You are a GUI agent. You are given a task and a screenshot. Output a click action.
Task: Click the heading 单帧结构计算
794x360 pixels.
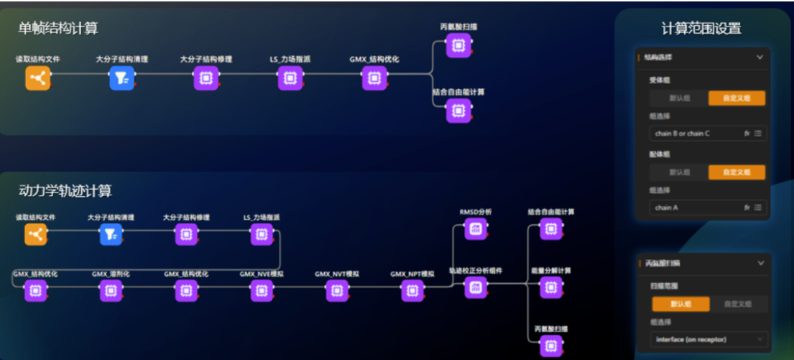(x=58, y=28)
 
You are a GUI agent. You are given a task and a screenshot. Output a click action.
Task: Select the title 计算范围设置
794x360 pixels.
(x=701, y=29)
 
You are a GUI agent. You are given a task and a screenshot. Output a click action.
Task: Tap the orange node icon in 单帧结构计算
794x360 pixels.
(x=37, y=78)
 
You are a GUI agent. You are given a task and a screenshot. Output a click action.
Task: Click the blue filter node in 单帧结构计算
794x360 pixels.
(x=121, y=78)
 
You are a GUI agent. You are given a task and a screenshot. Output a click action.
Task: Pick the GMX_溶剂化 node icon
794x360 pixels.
(x=110, y=290)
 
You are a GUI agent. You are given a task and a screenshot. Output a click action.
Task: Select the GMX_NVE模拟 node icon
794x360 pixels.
(x=261, y=290)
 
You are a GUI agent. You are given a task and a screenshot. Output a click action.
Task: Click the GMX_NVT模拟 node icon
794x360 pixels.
(x=336, y=290)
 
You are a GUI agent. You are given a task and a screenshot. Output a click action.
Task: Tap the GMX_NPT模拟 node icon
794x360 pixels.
(x=412, y=290)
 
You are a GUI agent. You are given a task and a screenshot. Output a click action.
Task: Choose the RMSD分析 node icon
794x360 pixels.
(x=475, y=229)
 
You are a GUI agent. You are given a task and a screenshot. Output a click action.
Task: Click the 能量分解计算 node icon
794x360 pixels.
(x=550, y=287)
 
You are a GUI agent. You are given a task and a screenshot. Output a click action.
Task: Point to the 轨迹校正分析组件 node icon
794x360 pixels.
(x=475, y=287)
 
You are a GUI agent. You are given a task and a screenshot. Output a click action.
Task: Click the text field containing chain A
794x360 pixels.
(x=696, y=208)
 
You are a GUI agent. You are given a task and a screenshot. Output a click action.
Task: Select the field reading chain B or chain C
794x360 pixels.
(x=696, y=134)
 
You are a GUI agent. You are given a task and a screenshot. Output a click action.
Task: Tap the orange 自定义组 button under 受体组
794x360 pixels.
(x=736, y=98)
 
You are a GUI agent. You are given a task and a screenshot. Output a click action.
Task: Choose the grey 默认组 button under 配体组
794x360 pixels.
(x=678, y=172)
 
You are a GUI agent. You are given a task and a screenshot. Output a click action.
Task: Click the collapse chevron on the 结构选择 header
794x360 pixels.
(x=760, y=57)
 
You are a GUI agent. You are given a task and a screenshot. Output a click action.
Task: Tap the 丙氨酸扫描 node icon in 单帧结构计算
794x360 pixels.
(x=458, y=46)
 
